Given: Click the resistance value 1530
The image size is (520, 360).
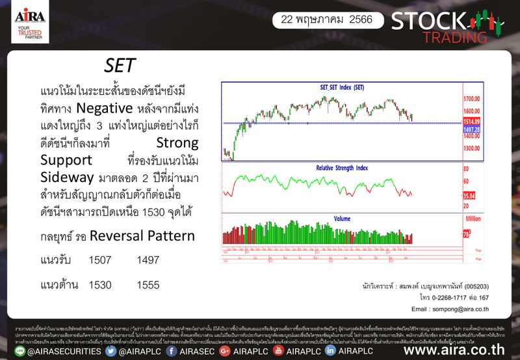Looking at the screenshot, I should (x=100, y=285).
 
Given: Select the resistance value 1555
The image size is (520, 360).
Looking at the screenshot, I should (x=148, y=285).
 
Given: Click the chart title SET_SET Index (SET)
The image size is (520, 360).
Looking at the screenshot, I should (x=342, y=87).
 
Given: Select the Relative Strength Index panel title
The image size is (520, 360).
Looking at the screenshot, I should (x=342, y=168).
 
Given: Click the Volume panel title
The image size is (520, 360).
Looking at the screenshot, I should (x=342, y=218).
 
